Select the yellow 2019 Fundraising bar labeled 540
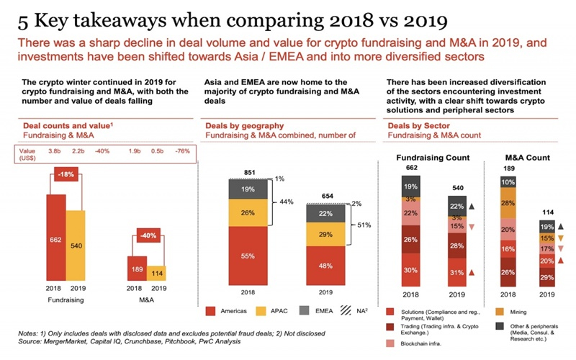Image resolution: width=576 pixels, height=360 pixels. (76, 246)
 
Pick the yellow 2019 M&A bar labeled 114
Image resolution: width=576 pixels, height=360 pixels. (155, 274)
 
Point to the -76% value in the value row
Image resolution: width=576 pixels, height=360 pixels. (183, 151)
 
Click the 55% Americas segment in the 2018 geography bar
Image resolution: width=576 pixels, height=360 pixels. (248, 256)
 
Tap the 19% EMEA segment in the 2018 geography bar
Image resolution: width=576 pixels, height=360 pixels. (248, 189)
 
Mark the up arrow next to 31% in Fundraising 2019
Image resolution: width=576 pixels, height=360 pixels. (472, 273)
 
